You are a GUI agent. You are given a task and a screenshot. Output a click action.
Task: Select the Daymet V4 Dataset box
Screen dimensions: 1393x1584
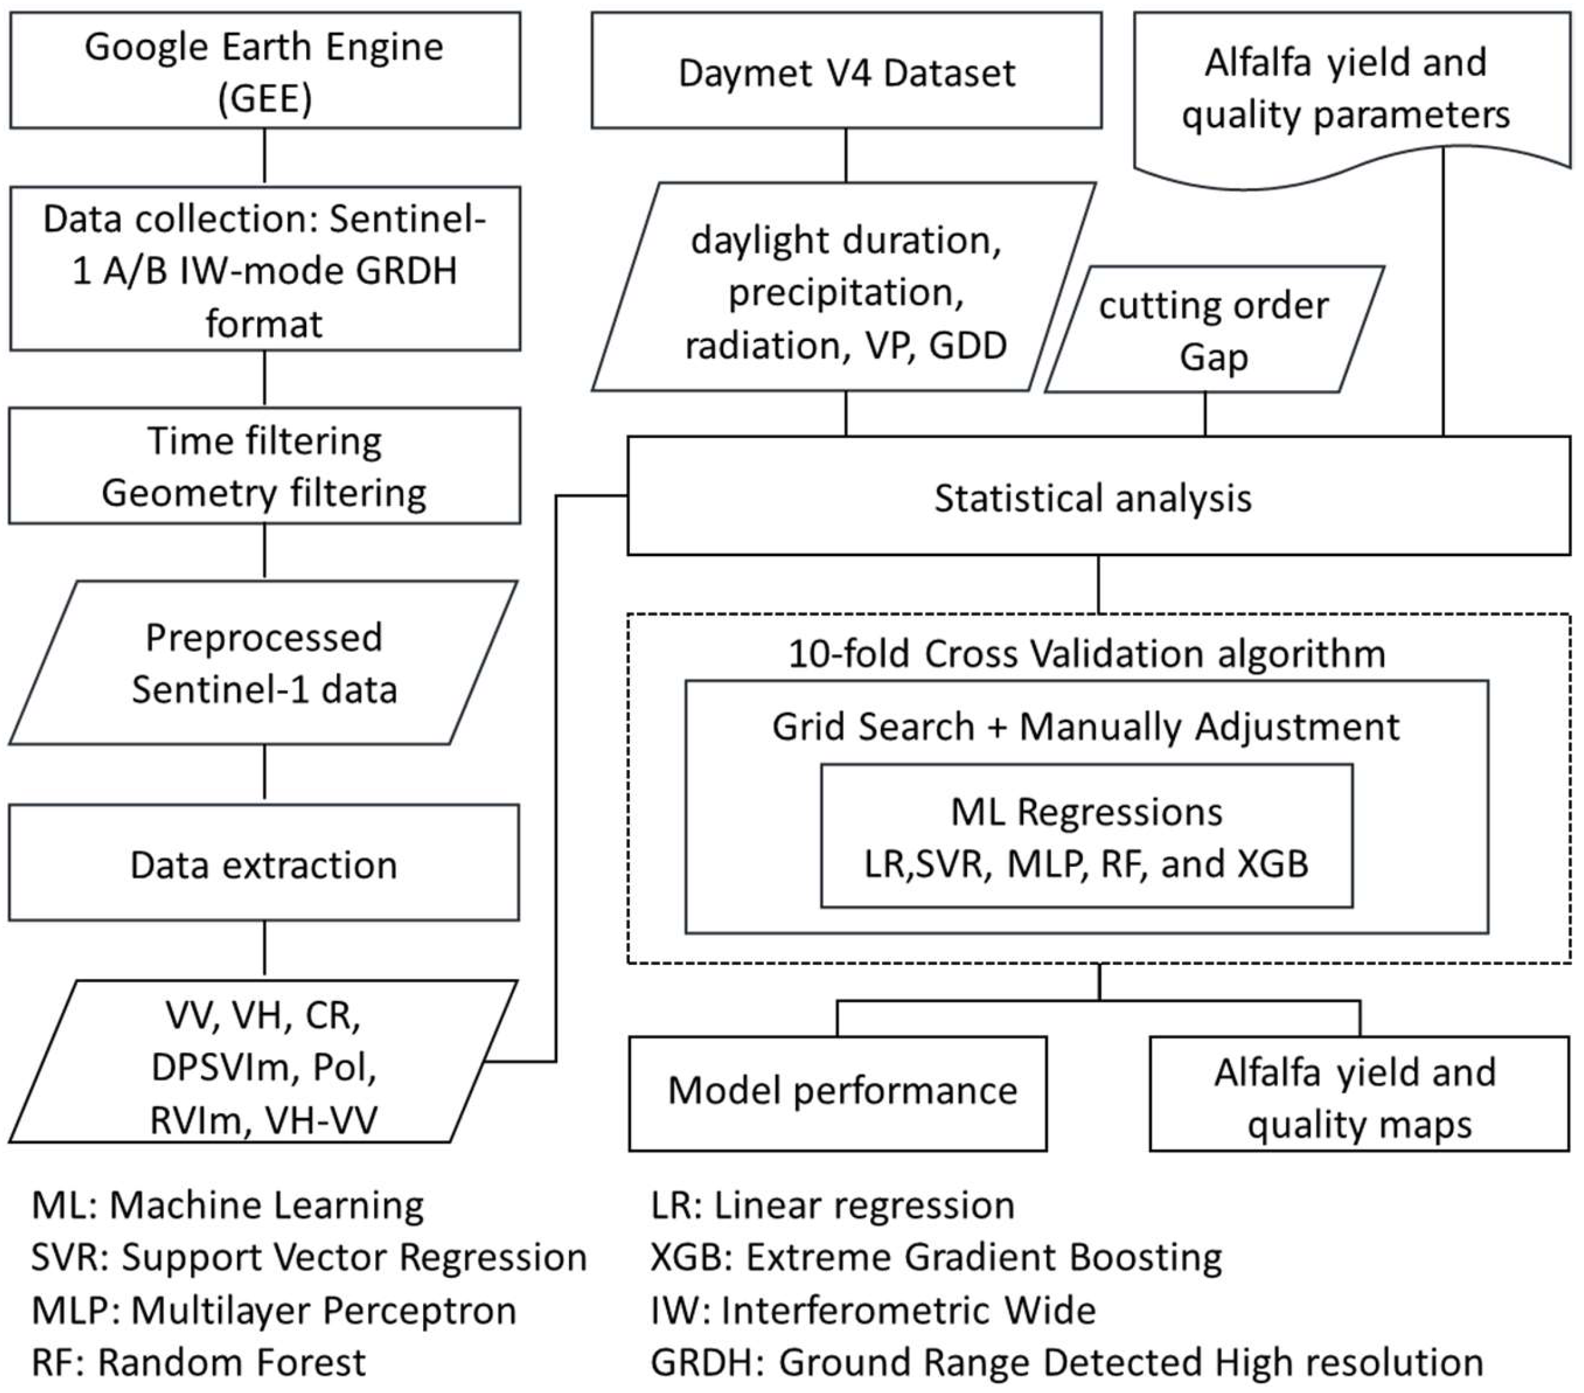pos(846,71)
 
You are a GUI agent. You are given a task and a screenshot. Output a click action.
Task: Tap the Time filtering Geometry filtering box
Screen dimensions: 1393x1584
pos(264,466)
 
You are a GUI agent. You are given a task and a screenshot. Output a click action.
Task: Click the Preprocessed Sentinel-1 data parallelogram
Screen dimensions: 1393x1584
pos(263,663)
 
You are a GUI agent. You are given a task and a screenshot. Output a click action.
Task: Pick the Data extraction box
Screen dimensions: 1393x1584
pos(263,864)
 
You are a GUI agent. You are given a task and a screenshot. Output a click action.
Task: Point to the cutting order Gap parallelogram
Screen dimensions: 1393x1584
pos(1214,330)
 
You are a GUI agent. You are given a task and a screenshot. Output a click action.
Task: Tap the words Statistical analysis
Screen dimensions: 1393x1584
pos(1093,498)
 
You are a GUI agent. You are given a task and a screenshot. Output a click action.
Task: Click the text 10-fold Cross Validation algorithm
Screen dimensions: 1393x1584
pos(1086,653)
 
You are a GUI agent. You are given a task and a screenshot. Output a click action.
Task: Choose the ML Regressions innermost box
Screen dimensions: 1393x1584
pos(1086,837)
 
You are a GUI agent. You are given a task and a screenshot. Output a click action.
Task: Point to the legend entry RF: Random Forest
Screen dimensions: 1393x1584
pos(198,1362)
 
